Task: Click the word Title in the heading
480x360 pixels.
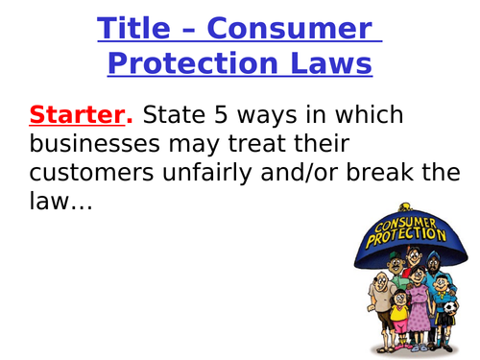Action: pos(140,30)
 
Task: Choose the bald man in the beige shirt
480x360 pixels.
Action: pos(371,293)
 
